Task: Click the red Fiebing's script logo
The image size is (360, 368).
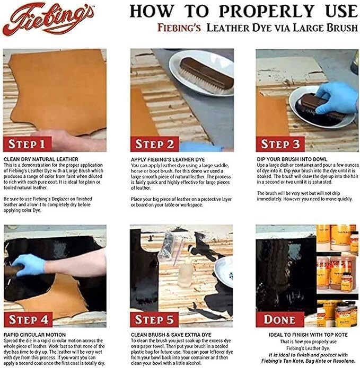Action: click(48, 19)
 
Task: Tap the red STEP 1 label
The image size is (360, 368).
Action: click(27, 144)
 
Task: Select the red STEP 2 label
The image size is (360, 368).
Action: click(154, 144)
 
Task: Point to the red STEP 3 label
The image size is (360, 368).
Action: click(280, 144)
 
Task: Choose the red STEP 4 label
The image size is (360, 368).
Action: click(28, 319)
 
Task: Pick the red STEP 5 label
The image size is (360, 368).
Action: click(154, 319)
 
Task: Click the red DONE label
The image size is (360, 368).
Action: click(280, 319)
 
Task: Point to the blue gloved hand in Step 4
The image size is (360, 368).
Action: click(29, 265)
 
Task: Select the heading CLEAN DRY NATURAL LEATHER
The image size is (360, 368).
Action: click(41, 159)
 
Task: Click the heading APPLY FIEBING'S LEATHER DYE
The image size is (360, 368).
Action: click(168, 159)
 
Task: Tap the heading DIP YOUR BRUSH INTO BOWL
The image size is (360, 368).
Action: click(292, 159)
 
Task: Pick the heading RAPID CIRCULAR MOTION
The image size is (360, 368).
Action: click(34, 335)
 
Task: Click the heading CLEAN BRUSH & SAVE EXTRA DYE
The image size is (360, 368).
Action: click(171, 335)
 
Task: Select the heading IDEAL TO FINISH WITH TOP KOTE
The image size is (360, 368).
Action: click(308, 335)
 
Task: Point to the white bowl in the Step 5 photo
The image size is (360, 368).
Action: click(224, 272)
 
